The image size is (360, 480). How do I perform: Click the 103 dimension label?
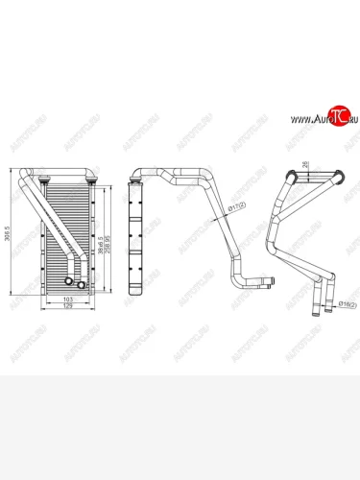pyautogui.click(x=67, y=301)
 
